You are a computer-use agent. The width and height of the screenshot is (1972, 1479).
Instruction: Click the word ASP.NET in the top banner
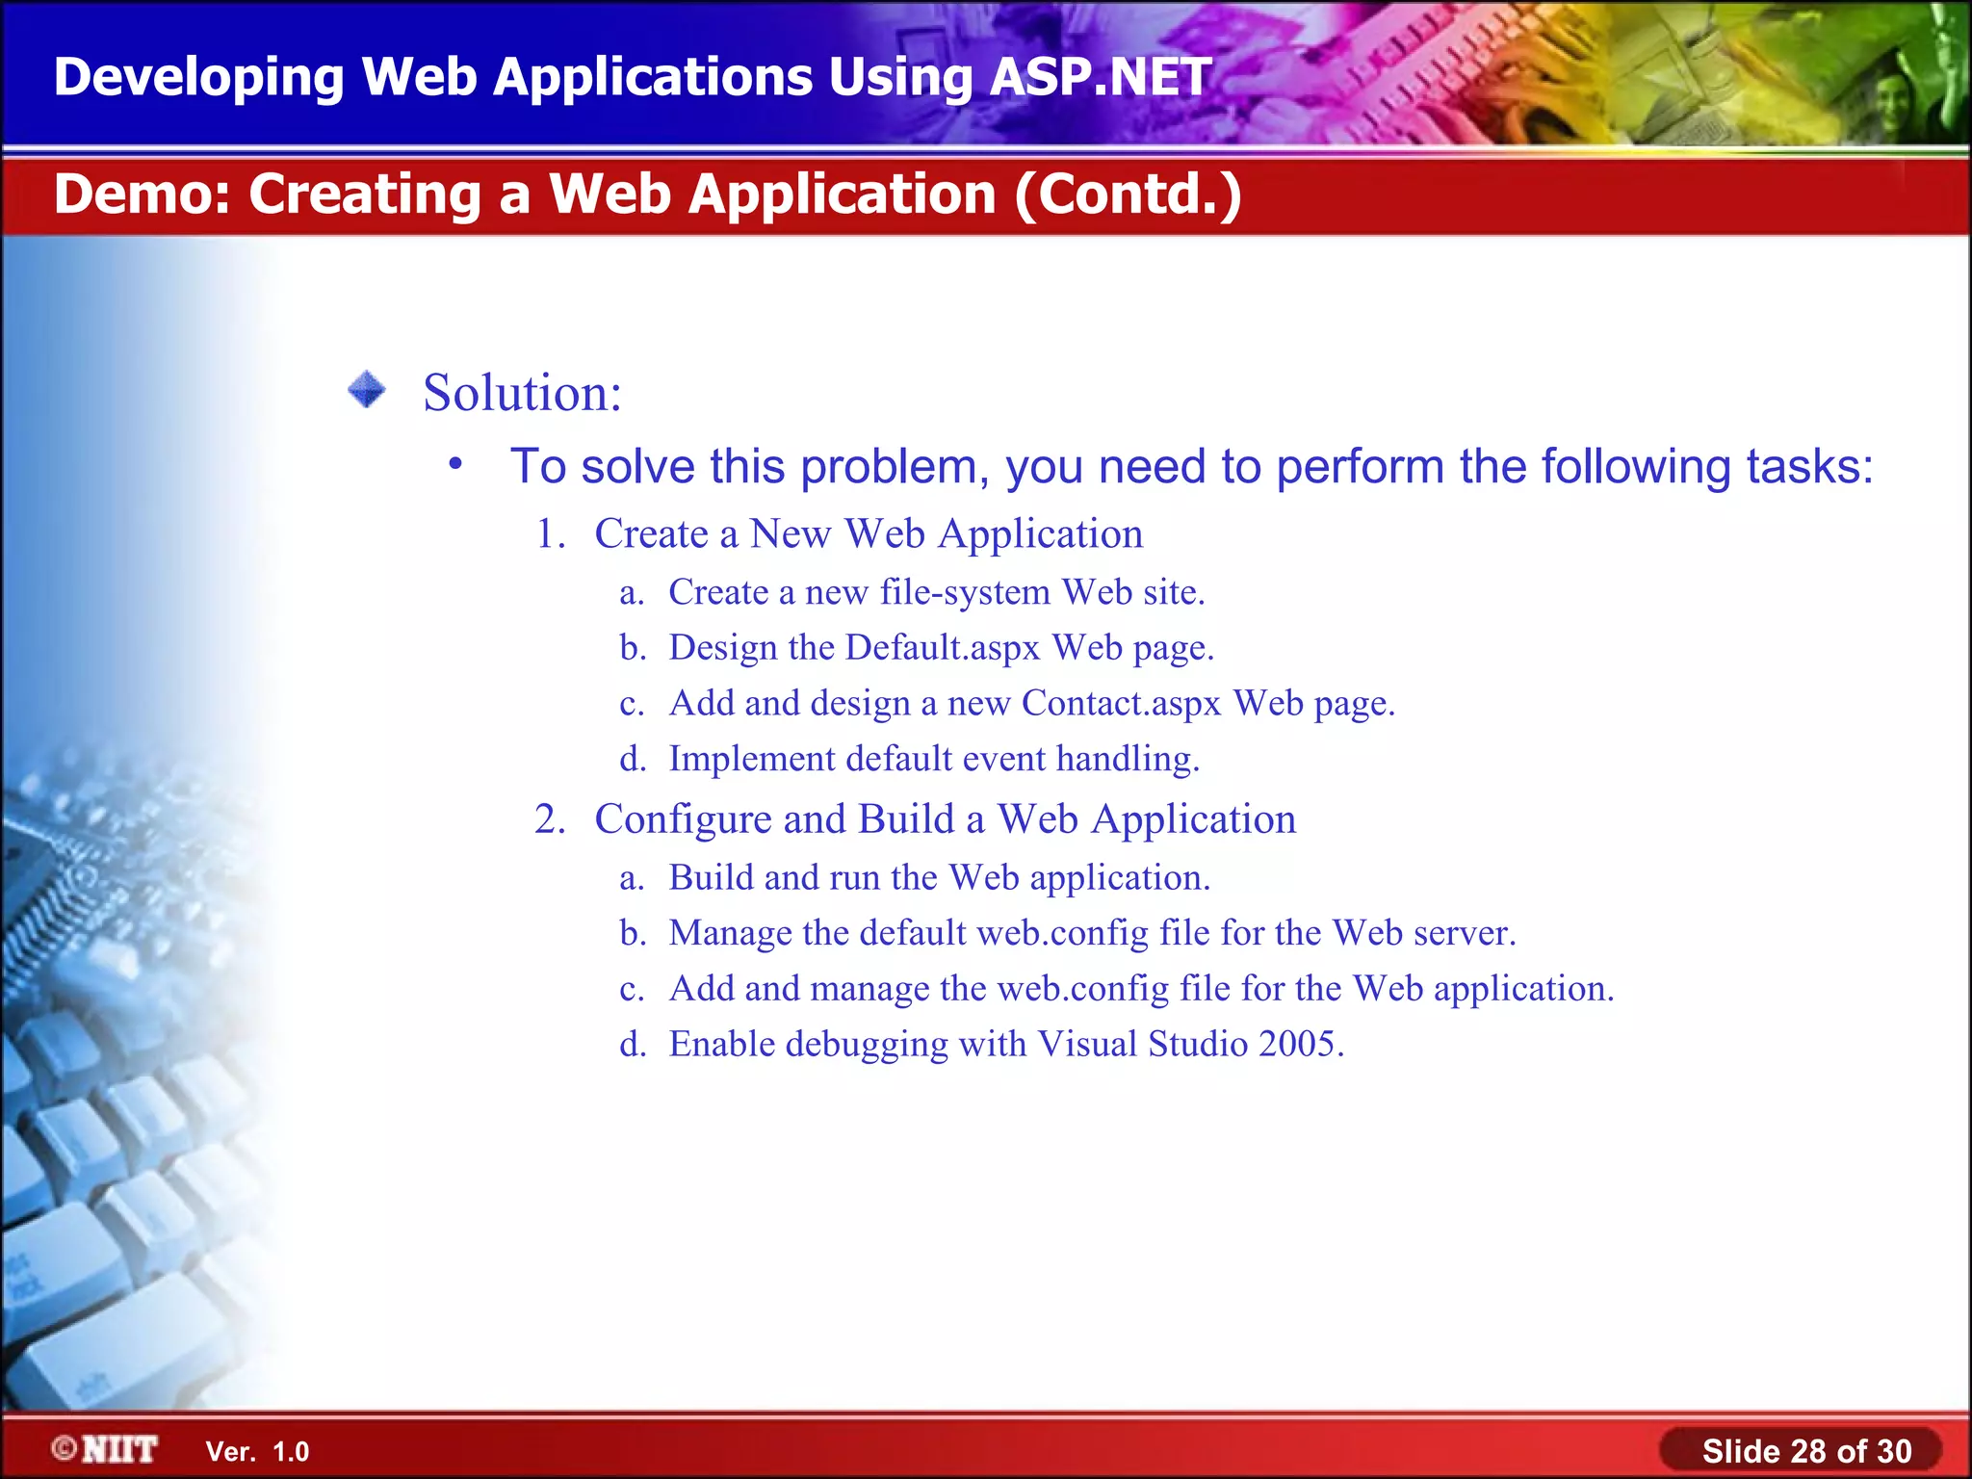pos(1100,77)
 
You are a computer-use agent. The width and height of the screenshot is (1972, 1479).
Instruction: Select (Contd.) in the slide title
pos(1128,195)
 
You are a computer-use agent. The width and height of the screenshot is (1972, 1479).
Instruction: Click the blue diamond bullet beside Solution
pos(367,390)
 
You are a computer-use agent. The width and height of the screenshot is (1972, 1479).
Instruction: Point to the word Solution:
pos(523,393)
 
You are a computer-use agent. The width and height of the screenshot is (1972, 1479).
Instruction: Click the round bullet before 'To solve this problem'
pos(455,465)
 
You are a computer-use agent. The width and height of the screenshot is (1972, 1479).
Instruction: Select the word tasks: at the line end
pos(1809,467)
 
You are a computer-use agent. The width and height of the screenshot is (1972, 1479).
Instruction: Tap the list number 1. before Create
pos(551,534)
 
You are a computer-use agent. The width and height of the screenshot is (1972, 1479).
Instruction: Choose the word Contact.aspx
pos(1121,704)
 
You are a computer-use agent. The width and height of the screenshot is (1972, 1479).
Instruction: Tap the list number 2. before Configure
pos(551,819)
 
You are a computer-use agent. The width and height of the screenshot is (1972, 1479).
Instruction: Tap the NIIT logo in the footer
pos(106,1449)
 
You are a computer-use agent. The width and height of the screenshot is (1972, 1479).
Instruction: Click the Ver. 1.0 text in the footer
pos(257,1451)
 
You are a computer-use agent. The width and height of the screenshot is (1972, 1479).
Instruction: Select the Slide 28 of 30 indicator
pos(1805,1450)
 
